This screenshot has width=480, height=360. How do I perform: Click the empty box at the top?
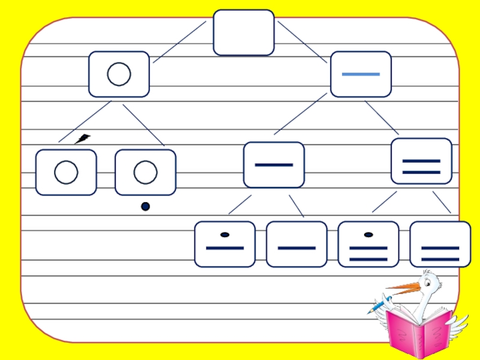(x=244, y=32)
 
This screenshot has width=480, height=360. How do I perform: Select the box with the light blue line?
(x=361, y=74)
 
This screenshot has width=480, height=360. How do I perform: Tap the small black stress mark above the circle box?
(x=83, y=139)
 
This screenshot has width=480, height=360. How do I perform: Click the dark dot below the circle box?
(x=145, y=207)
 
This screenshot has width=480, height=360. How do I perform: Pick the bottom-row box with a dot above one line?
(x=224, y=244)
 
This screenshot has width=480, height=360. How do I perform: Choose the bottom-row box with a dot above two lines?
(x=368, y=244)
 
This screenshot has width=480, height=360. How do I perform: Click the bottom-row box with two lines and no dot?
(x=440, y=244)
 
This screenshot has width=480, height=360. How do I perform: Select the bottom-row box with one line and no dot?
(x=296, y=244)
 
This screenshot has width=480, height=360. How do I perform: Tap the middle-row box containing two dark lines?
(x=421, y=161)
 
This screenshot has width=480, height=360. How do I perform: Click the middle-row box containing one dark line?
(x=274, y=164)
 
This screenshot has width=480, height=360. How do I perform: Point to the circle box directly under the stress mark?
(x=66, y=172)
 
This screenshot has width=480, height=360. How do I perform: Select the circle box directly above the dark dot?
(x=145, y=172)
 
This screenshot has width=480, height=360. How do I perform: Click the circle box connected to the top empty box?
(x=119, y=74)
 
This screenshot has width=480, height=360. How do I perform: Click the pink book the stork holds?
(x=419, y=329)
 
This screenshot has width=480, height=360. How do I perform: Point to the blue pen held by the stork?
(x=379, y=305)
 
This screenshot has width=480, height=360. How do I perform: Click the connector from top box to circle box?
(x=179, y=42)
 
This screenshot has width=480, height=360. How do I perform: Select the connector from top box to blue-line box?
(x=302, y=42)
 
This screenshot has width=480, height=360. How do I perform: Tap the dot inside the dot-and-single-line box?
(x=225, y=235)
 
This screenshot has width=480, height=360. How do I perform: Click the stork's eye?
(x=428, y=281)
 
